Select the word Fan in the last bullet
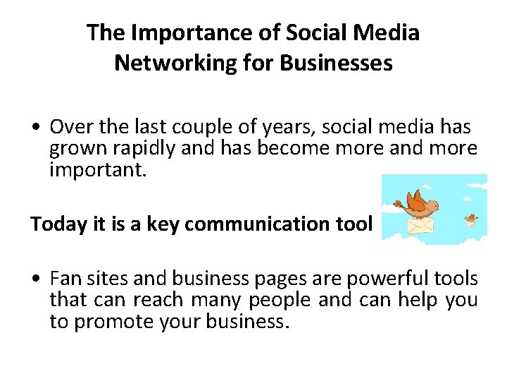coord(65,279)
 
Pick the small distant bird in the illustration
coord(470,220)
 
